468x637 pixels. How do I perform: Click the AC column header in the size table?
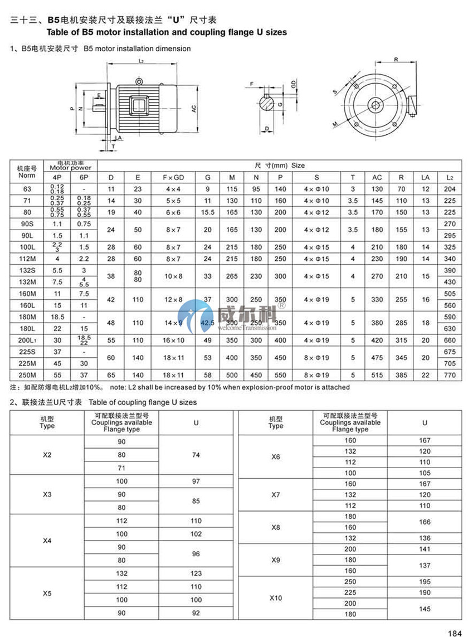point(377,177)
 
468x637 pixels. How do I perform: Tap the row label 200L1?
point(26,340)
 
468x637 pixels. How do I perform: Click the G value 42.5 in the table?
point(208,323)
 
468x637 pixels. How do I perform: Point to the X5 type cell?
point(47,593)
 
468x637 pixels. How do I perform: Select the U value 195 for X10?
point(425,581)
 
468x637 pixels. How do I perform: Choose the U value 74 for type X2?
point(196,455)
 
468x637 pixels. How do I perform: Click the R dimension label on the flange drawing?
point(396,59)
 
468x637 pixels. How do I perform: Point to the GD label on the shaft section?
point(293,84)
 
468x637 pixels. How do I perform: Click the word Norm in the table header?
point(26,176)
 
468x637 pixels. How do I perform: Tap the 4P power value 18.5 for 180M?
point(56,317)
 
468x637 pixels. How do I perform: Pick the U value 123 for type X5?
point(196,573)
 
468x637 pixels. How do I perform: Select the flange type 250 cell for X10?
point(350,581)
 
